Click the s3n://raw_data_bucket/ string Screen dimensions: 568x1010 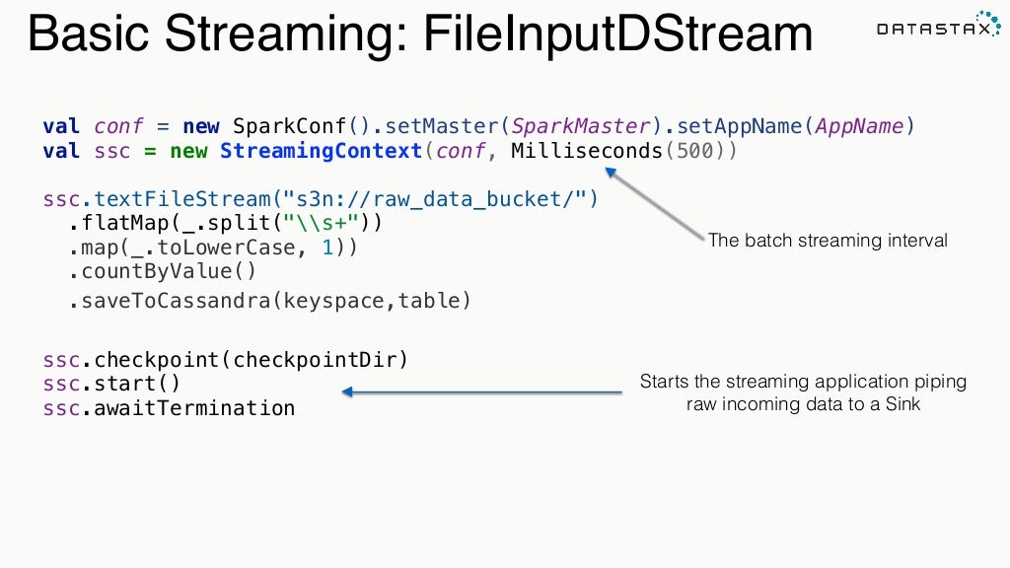pyautogui.click(x=444, y=199)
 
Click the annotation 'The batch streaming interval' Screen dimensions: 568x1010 pyautogui.click(x=828, y=241)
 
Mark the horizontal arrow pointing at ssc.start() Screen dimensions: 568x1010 pyautogui.click(x=482, y=392)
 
